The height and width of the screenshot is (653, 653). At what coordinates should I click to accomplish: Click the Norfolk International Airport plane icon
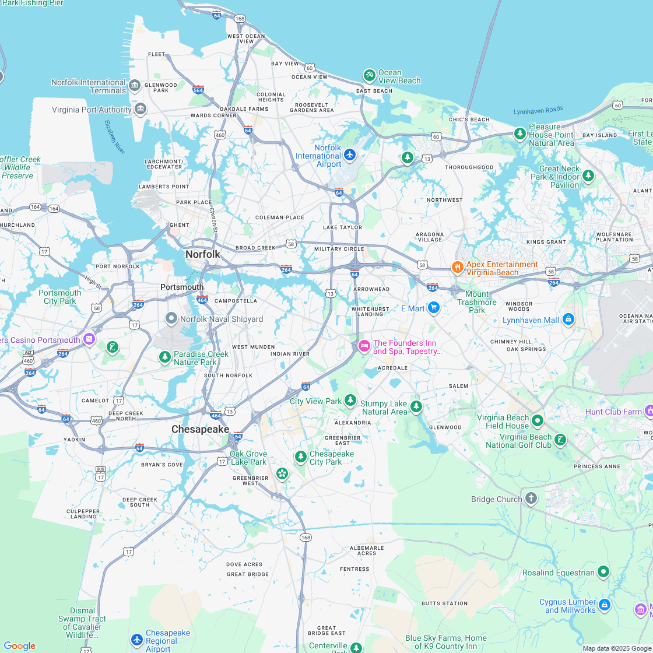349,155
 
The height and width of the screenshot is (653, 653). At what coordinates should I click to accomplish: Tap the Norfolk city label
203,254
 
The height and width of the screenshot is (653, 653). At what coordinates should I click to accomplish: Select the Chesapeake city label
200,429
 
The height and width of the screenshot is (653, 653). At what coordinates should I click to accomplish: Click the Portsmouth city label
182,287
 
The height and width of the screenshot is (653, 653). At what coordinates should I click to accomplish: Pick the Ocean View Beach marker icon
369,75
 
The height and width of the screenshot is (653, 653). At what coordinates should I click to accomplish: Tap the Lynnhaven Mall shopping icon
568,319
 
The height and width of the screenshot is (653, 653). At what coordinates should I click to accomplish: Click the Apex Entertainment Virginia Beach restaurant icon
457,267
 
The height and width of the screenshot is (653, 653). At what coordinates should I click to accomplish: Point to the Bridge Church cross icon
531,498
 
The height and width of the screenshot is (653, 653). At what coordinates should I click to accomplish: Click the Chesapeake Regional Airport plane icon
137,640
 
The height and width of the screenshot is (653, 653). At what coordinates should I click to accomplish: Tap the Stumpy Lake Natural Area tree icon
416,406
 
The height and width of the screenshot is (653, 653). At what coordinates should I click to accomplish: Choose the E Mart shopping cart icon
433,307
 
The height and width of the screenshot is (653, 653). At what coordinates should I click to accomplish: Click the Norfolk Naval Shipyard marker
171,318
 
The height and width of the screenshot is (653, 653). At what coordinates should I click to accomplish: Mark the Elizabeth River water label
114,137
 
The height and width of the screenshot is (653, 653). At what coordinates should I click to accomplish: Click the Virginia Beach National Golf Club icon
560,440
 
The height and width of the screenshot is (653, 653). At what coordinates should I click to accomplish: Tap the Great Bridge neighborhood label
248,574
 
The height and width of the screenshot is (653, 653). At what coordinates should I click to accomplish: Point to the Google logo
20,645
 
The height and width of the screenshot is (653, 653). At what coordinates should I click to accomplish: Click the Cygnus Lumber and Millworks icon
605,605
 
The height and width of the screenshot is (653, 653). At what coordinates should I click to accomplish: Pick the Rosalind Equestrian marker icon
603,571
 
